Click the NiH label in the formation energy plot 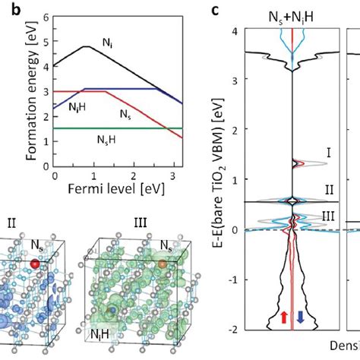(x=76, y=108)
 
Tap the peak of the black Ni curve (x=85, y=46)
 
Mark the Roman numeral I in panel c (x=328, y=153)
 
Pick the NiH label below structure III (x=100, y=333)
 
